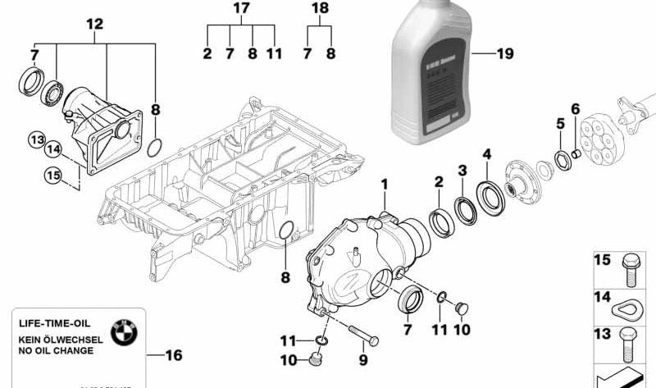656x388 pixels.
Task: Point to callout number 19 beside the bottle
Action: [x=504, y=54]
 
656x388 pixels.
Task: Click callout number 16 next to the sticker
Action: [x=173, y=356]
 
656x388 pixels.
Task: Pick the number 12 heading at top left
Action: [x=94, y=25]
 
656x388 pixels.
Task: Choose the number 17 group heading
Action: [x=240, y=9]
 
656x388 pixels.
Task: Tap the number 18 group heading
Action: [x=320, y=9]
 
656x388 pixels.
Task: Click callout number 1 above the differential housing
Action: [x=382, y=187]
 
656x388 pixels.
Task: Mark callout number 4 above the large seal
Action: [x=487, y=153]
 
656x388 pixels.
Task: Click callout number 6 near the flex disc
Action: [x=575, y=108]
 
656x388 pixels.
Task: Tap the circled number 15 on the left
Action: [x=53, y=174]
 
